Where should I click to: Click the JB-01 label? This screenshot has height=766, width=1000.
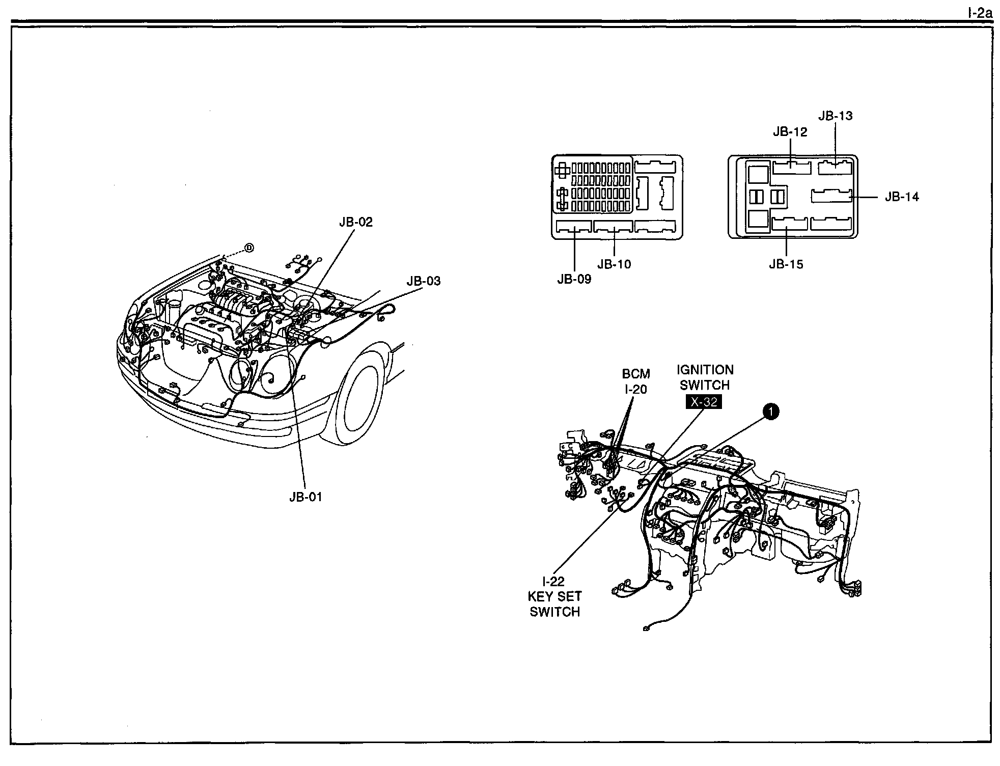tap(306, 497)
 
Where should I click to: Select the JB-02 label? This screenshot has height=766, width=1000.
tap(356, 222)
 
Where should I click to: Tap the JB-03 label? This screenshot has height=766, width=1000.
tap(423, 281)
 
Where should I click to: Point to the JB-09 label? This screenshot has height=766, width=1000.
tap(574, 279)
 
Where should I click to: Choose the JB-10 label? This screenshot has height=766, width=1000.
tap(614, 264)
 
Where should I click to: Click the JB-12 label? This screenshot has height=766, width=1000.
tap(790, 132)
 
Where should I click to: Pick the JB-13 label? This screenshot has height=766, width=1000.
tap(835, 116)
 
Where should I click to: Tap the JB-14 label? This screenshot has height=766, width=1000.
tap(902, 197)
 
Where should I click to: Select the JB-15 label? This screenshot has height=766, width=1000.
tap(786, 264)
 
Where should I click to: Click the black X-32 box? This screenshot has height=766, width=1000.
tap(704, 402)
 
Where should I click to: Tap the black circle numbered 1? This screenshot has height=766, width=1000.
tap(771, 412)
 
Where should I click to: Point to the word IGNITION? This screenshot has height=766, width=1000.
tap(705, 370)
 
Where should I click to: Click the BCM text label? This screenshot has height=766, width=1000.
tap(636, 374)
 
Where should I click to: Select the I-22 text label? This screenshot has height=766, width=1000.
tap(553, 581)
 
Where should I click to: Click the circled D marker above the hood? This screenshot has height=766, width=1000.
tap(249, 248)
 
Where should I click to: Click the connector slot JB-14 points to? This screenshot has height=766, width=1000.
tap(831, 196)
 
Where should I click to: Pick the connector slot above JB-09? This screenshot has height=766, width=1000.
tap(574, 227)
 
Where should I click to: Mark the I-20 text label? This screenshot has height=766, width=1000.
tap(636, 389)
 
